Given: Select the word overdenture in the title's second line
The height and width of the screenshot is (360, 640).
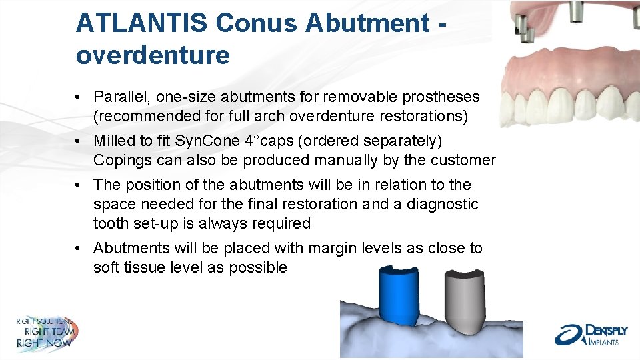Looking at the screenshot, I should pyautogui.click(x=153, y=55).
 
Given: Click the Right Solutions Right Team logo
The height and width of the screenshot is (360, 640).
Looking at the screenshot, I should pyautogui.click(x=45, y=332).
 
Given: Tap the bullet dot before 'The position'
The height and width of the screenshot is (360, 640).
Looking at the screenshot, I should pyautogui.click(x=79, y=185).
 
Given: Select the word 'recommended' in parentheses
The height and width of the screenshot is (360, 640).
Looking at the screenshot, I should pyautogui.click(x=141, y=117).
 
